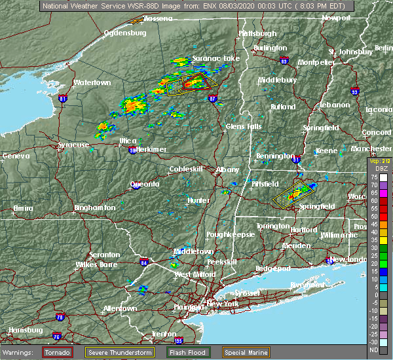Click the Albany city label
pyautogui.click(x=228, y=170)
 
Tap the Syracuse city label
pyautogui.click(x=73, y=145)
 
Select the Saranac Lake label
pyautogui.click(x=215, y=58)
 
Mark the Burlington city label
pyautogui.click(x=270, y=48)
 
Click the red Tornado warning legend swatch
pyautogui.click(x=58, y=352)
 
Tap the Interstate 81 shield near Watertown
pyautogui.click(x=63, y=99)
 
